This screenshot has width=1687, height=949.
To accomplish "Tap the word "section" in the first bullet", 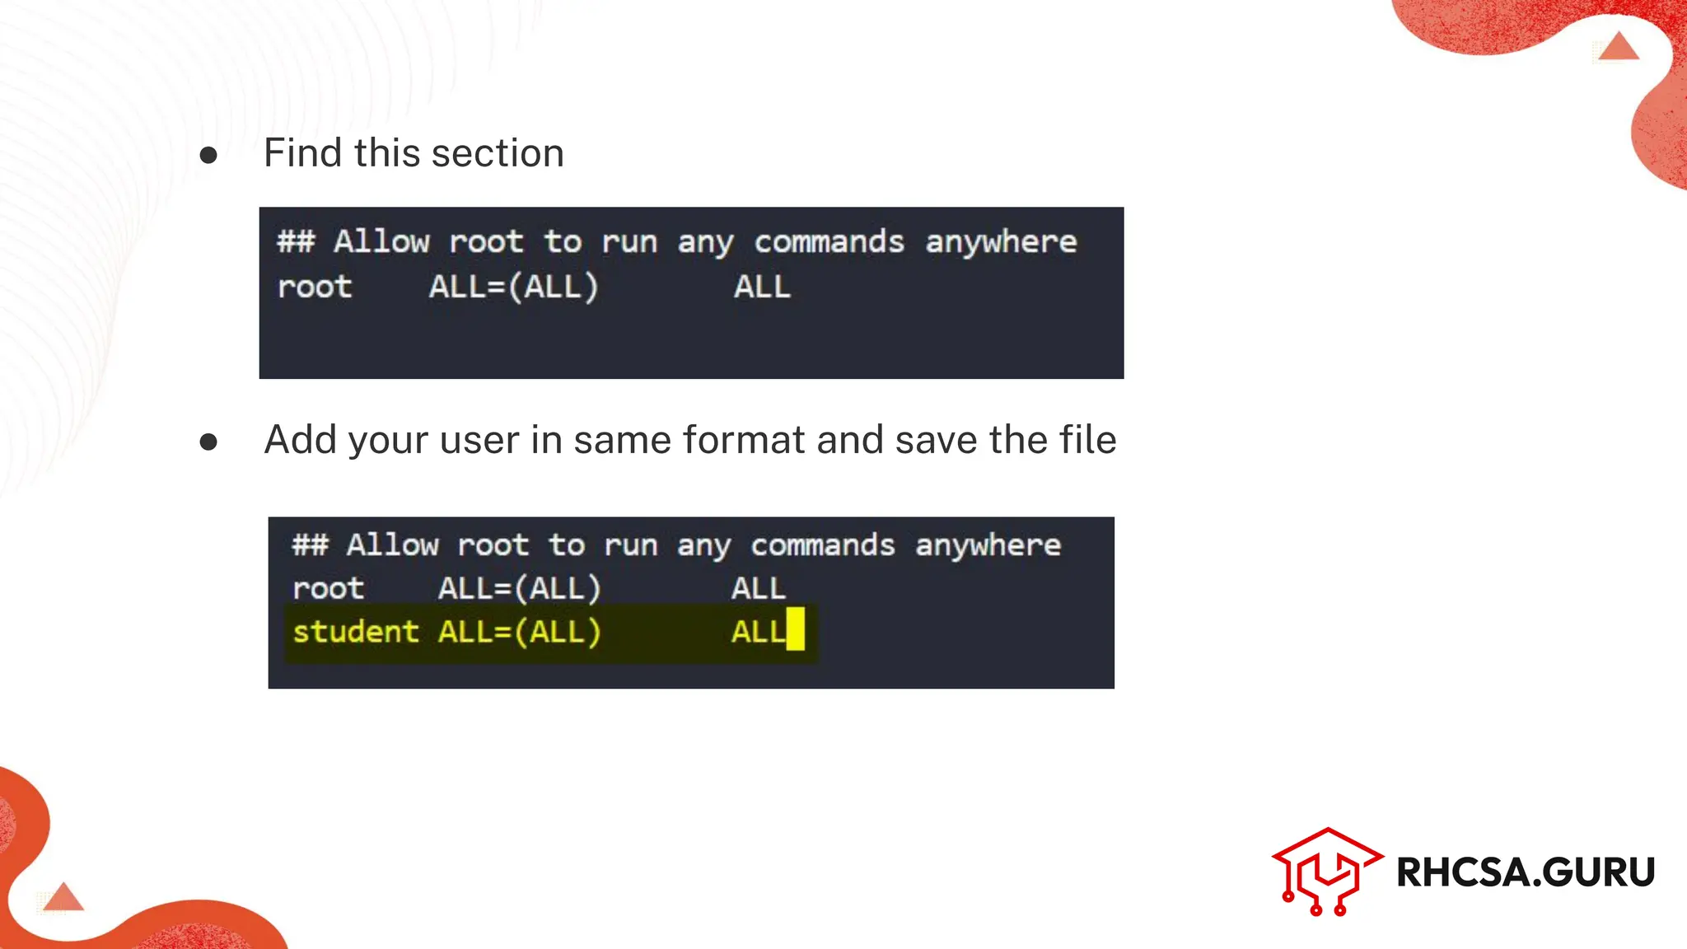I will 498,153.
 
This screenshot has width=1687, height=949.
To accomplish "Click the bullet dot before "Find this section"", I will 208,155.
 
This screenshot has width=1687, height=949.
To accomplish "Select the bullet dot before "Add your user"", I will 208,442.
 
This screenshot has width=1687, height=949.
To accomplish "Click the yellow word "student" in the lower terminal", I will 356,632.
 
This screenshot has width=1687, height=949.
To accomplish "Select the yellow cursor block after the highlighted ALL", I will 795,629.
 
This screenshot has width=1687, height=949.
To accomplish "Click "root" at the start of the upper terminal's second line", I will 315,288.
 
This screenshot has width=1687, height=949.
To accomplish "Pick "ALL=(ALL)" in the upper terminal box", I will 513,288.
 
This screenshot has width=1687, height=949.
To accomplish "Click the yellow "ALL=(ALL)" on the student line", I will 520,632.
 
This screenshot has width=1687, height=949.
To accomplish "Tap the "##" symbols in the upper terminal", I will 296,242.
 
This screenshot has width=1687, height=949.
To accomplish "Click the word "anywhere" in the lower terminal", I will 988,545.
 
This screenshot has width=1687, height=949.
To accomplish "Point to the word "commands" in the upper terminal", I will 829,242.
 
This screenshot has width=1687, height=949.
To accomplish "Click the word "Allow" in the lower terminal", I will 393,545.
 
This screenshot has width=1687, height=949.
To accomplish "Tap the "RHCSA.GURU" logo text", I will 1526,872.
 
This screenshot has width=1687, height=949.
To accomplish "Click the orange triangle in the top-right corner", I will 1618,47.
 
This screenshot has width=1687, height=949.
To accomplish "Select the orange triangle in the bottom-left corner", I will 63,897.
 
